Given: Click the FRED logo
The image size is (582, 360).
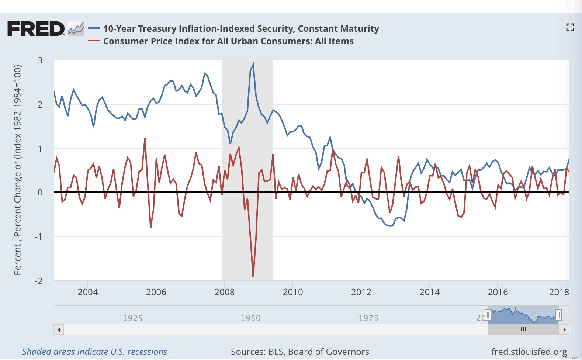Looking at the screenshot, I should [x=36, y=29].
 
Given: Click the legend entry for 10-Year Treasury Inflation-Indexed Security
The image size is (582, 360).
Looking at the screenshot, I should [x=241, y=29].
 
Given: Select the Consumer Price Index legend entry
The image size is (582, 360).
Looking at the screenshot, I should [x=228, y=41].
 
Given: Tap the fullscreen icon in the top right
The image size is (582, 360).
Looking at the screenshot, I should [x=570, y=27].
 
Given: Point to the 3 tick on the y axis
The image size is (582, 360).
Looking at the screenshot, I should [x=40, y=60].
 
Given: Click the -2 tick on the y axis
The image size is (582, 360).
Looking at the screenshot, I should [x=39, y=281].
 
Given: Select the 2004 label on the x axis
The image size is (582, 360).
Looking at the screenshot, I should [x=88, y=292].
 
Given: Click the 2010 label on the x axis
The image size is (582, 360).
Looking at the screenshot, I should [x=293, y=292].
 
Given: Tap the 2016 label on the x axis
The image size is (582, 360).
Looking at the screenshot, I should [x=498, y=292].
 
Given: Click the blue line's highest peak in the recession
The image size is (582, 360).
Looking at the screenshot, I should [x=253, y=65].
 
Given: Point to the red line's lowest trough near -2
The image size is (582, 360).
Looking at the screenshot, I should [x=253, y=276].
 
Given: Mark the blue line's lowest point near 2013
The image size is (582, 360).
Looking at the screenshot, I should [x=390, y=226].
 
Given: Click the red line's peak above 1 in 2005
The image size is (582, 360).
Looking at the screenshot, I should [x=145, y=139].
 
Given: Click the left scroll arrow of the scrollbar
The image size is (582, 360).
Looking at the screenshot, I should [x=59, y=329].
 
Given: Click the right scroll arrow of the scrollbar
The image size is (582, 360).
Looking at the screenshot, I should [x=564, y=329].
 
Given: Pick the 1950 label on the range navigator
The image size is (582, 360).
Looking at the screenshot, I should [x=250, y=318].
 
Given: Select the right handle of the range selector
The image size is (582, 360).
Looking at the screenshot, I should [x=559, y=315].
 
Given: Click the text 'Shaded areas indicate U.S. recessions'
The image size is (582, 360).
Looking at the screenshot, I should [x=94, y=352].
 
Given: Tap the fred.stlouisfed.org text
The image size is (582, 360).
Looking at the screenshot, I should [x=529, y=352].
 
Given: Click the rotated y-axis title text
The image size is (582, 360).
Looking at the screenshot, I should [x=17, y=170].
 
